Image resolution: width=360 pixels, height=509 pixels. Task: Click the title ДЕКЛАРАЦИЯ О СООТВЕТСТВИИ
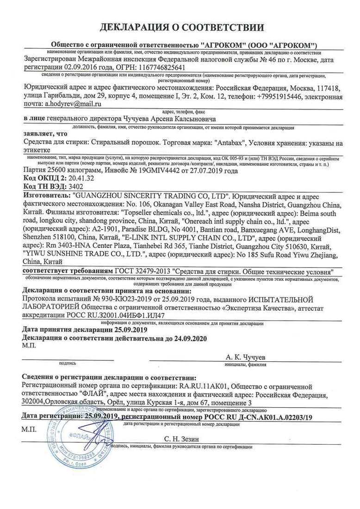(x=180, y=27)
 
